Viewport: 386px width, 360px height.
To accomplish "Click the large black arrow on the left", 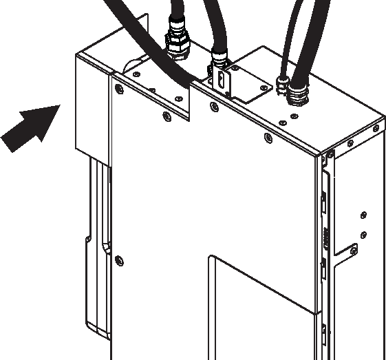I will coord(29,126).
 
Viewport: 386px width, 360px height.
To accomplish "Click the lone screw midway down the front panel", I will coord(120,260).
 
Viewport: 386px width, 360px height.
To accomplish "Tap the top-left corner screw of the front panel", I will coord(121,89).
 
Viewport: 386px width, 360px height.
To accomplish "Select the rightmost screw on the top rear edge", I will coord(375,129).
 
